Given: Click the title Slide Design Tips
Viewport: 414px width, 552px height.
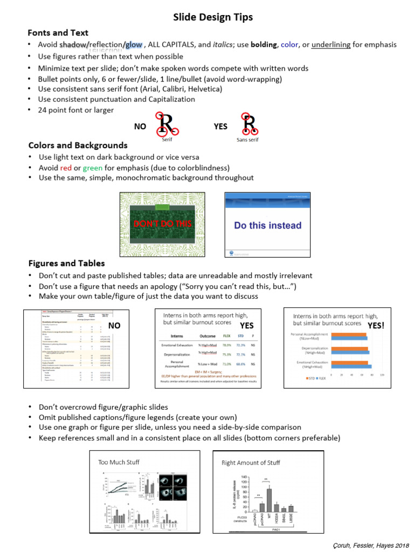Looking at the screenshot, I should click(212, 18).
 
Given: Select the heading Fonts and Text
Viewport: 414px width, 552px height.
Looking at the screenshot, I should click(58, 32).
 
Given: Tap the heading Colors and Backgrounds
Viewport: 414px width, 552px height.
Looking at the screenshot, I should click(78, 145).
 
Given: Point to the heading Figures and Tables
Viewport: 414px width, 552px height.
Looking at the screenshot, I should click(66, 263).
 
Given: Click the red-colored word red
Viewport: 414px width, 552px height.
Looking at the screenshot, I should click(66, 168).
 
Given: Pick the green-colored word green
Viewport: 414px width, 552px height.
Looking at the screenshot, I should click(92, 168).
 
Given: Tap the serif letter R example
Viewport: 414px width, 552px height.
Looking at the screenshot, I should click(167, 125).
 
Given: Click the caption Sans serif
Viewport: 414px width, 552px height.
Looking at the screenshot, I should click(248, 140).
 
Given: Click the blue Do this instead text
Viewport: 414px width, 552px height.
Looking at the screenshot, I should click(267, 225).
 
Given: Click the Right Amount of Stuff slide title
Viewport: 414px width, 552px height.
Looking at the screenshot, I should click(251, 463).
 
